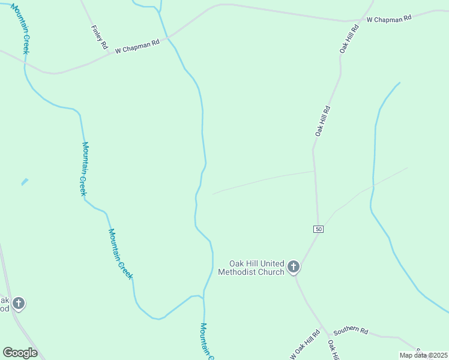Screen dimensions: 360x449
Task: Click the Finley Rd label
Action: [100, 37]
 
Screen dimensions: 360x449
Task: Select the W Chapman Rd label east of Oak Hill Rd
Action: [389, 19]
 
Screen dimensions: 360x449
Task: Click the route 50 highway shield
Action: [318, 229]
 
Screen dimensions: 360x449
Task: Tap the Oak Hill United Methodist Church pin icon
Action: [294, 266]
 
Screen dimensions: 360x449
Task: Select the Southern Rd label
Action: [351, 330]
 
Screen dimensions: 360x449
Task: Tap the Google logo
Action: [20, 352]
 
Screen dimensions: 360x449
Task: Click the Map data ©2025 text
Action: [423, 355]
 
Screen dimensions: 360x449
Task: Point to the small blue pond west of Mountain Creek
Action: [25, 181]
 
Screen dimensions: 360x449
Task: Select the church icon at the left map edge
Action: [19, 303]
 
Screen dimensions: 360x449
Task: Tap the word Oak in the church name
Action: [237, 263]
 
